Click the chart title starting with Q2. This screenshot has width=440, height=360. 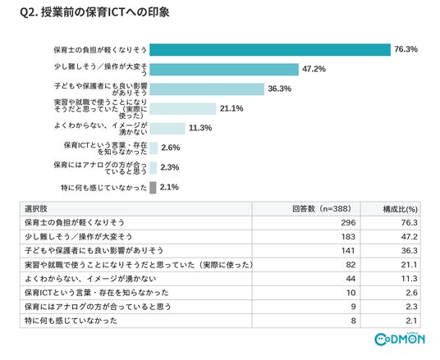(x=95, y=12)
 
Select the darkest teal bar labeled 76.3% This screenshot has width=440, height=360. (x=270, y=50)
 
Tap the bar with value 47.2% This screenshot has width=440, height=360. (x=224, y=70)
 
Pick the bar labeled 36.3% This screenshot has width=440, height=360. (x=207, y=89)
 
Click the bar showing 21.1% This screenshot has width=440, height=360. (x=183, y=109)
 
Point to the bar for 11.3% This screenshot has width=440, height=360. (x=167, y=129)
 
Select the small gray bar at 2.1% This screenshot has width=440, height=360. (x=153, y=188)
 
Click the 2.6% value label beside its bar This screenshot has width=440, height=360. (x=170, y=148)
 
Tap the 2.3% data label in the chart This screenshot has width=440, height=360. (x=170, y=167)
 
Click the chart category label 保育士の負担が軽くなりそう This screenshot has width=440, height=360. (x=100, y=50)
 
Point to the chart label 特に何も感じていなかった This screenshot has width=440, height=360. (x=103, y=188)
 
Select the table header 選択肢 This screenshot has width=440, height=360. (x=36, y=209)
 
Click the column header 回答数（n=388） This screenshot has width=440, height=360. (x=322, y=209)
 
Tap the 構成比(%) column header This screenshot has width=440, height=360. (x=401, y=209)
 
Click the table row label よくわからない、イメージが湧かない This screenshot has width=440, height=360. (x=90, y=279)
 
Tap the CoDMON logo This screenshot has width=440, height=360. (x=400, y=339)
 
